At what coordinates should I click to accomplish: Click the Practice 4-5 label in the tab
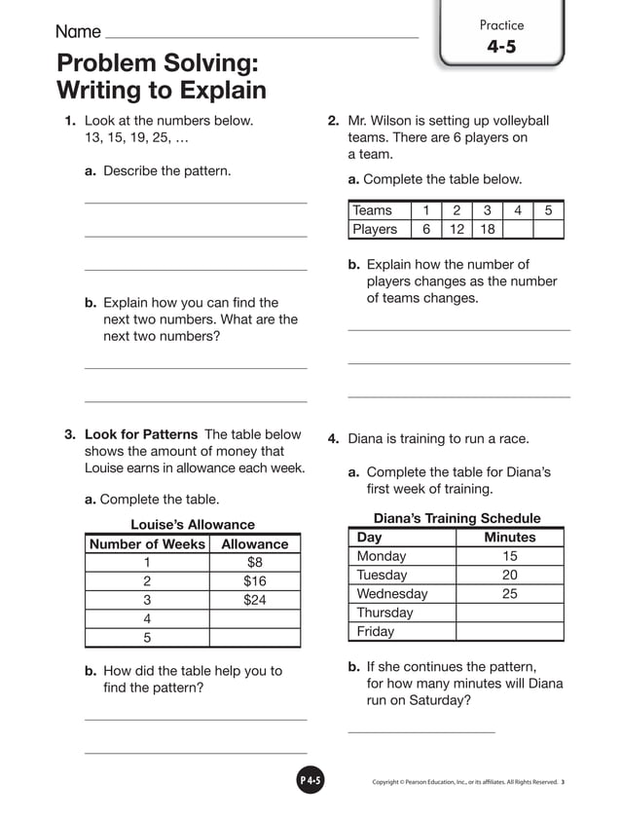[x=501, y=37]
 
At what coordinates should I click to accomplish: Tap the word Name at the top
[x=78, y=32]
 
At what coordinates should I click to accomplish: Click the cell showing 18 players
[x=487, y=229]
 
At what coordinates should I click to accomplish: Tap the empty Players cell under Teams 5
[x=548, y=229]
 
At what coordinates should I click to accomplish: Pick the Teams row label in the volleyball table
[x=373, y=210]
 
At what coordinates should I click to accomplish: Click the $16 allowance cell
[x=254, y=581]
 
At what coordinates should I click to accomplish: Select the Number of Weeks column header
[x=147, y=544]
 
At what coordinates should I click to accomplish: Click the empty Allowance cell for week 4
[x=254, y=618]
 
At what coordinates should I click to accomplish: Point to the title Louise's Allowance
[x=193, y=525]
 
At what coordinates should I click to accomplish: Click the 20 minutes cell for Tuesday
[x=509, y=575]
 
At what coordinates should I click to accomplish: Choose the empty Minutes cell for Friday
[x=509, y=631]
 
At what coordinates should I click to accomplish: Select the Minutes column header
[x=509, y=538]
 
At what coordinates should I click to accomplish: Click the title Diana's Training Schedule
[x=457, y=518]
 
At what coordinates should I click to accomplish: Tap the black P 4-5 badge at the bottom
[x=310, y=780]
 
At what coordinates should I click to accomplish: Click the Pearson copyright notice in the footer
[x=464, y=781]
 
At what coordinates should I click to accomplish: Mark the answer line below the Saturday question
[x=420, y=730]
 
